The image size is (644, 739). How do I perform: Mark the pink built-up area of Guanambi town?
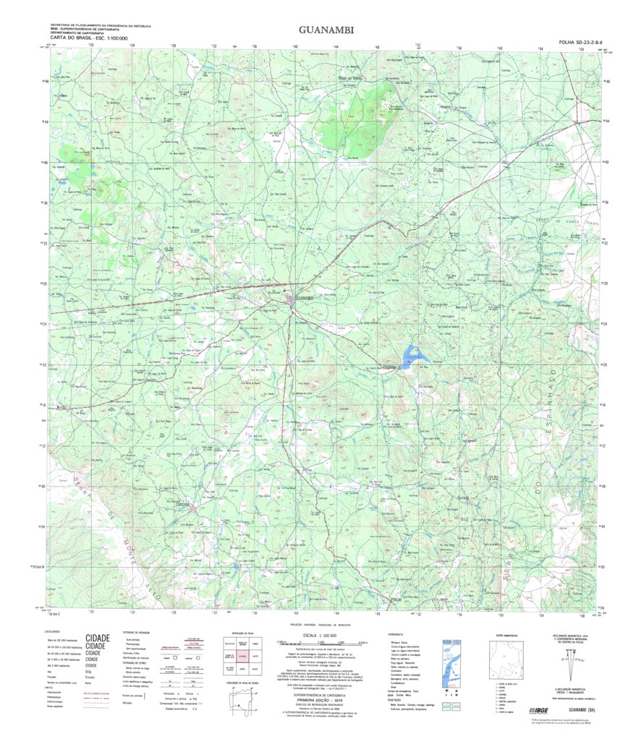(290, 297)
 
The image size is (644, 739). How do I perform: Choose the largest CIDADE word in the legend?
(98, 638)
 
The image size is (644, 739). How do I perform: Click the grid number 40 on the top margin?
(295, 46)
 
